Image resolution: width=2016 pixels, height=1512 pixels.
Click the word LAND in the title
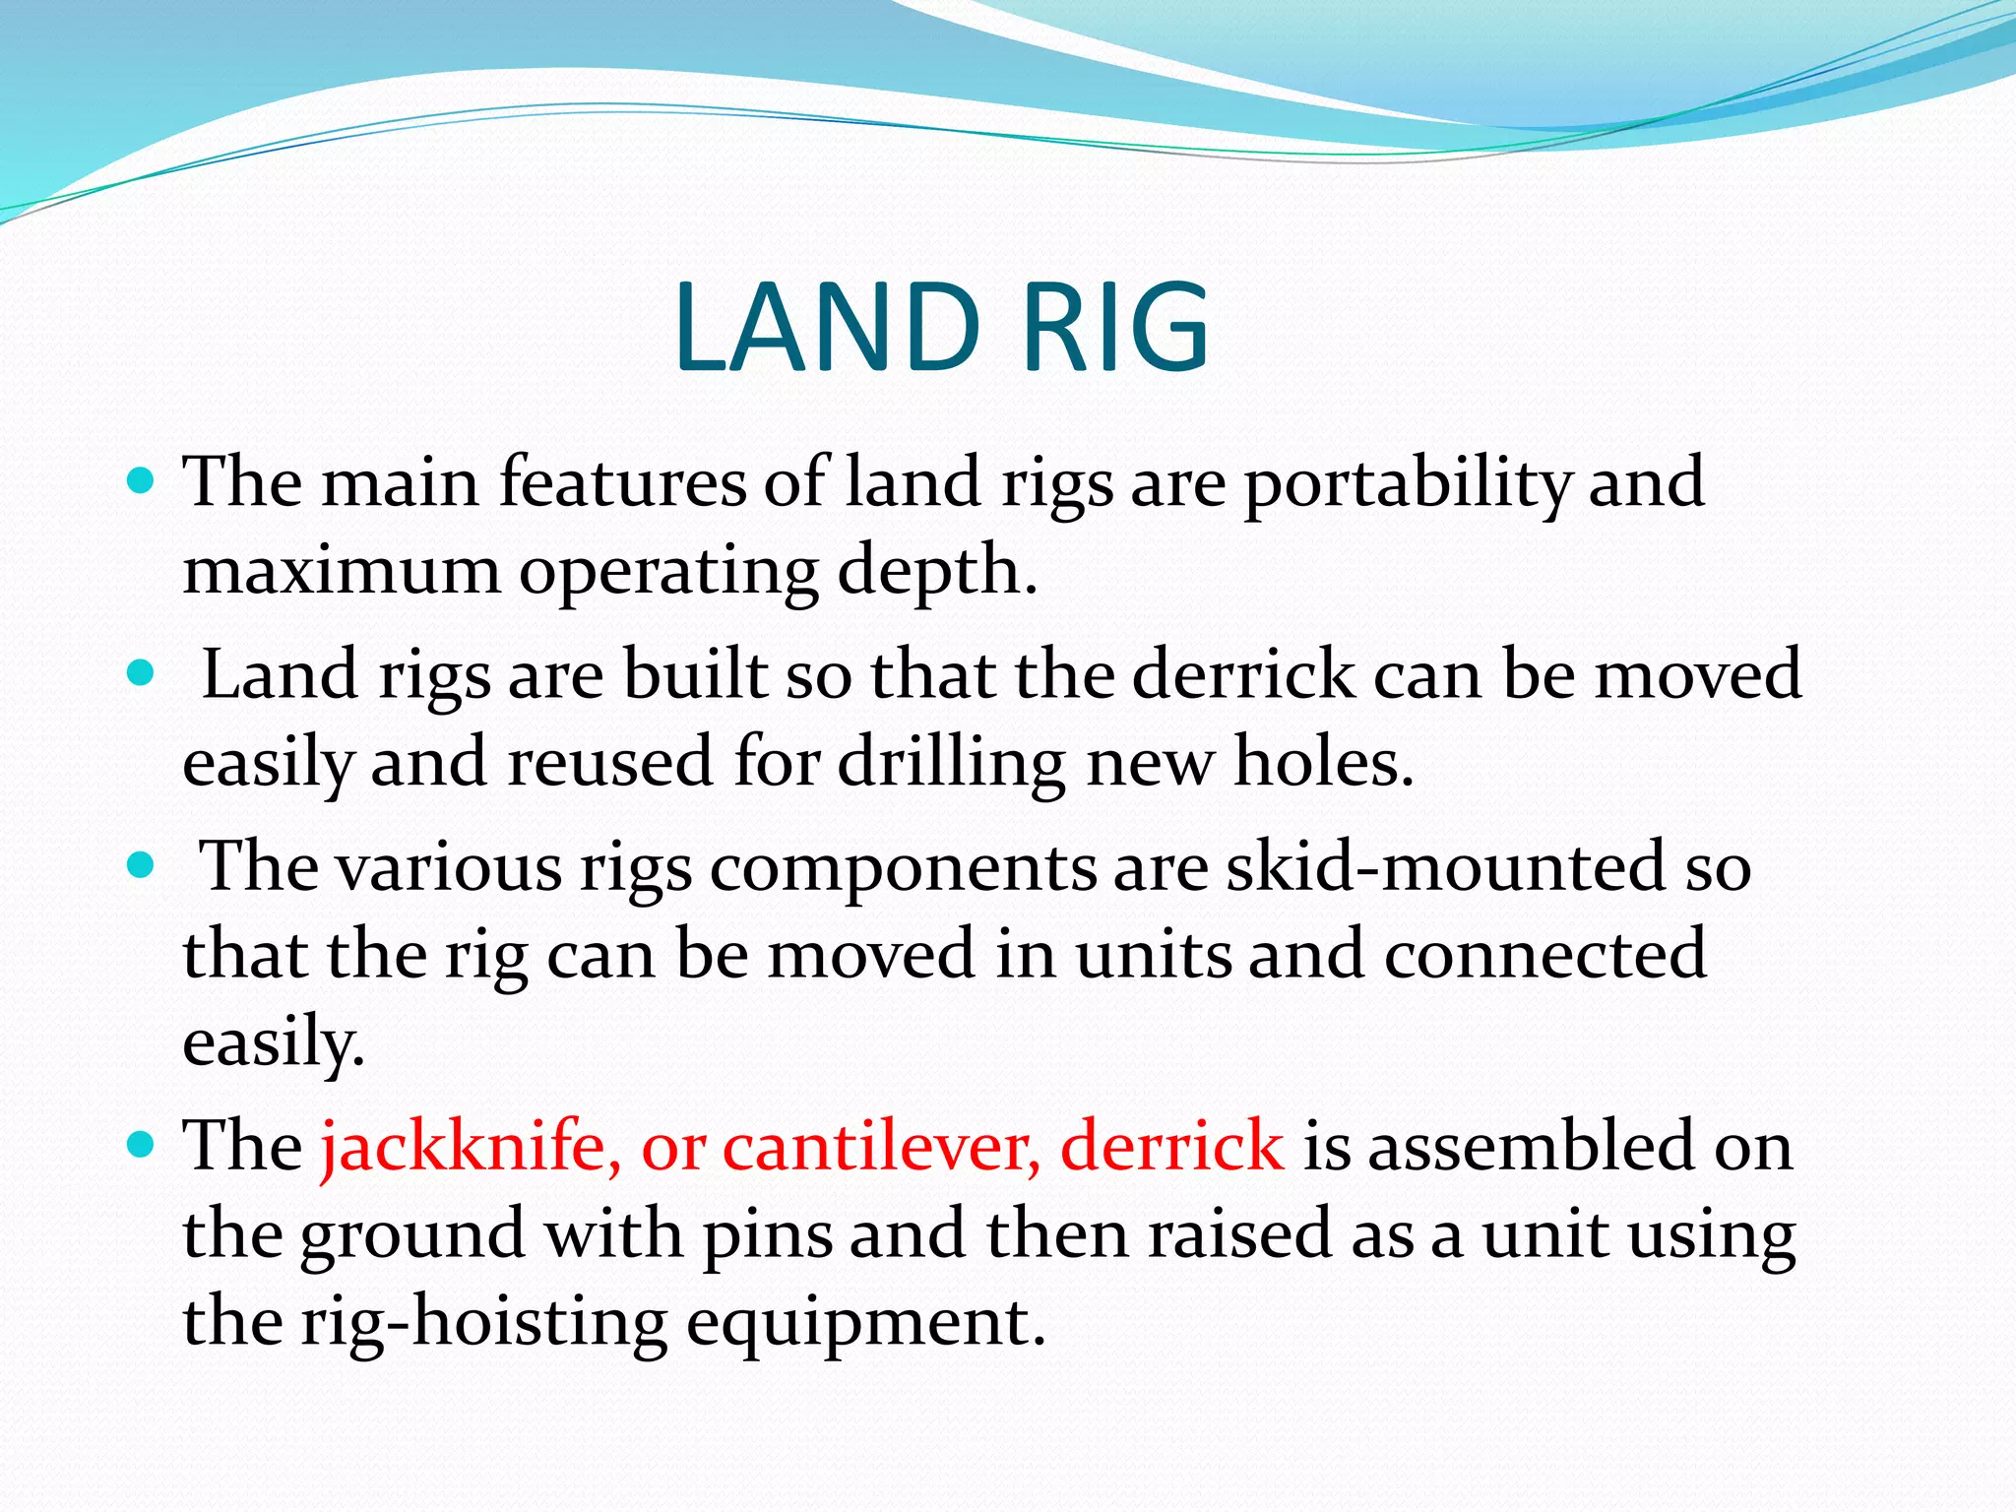tap(827, 328)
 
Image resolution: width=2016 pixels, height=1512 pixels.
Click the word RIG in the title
tap(1114, 328)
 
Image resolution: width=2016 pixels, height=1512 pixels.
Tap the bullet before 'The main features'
tap(142, 481)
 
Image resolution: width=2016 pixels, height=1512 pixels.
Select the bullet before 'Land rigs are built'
tap(142, 673)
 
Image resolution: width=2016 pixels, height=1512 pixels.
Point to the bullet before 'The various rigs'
tap(142, 865)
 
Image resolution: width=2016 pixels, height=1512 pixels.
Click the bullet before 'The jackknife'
tap(142, 1145)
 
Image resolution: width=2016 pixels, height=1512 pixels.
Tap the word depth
tap(936, 571)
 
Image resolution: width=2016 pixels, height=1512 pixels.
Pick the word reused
tap(609, 763)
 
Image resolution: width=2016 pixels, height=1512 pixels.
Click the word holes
tap(1323, 763)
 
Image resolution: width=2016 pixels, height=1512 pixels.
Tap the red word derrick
tap(1172, 1147)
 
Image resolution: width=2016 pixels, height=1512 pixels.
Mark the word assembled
tap(1531, 1147)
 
